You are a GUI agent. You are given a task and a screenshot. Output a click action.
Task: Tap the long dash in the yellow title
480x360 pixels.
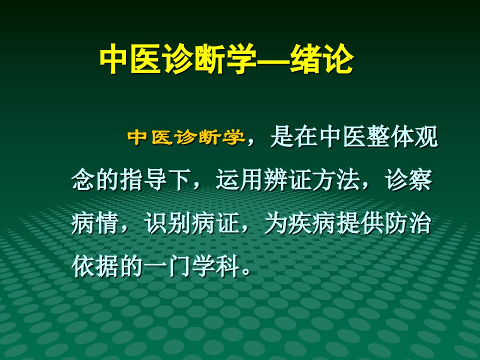(x=272, y=59)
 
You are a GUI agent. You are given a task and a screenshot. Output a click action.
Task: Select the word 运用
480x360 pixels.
(x=239, y=179)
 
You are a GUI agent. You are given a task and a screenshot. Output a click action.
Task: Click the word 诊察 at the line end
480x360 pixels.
(x=408, y=179)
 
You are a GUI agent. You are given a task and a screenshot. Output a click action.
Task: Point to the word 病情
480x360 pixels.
(x=95, y=223)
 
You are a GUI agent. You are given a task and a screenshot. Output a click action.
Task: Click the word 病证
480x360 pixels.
(x=215, y=223)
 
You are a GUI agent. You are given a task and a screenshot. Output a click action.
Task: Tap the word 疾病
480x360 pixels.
(x=312, y=223)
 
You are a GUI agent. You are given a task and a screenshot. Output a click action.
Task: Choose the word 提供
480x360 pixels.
(x=360, y=223)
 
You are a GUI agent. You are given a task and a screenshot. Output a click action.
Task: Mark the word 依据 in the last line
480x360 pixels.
(x=95, y=266)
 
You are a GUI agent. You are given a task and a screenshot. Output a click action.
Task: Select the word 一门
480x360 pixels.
(x=167, y=266)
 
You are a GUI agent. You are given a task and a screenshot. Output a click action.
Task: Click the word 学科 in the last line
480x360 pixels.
(x=215, y=266)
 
